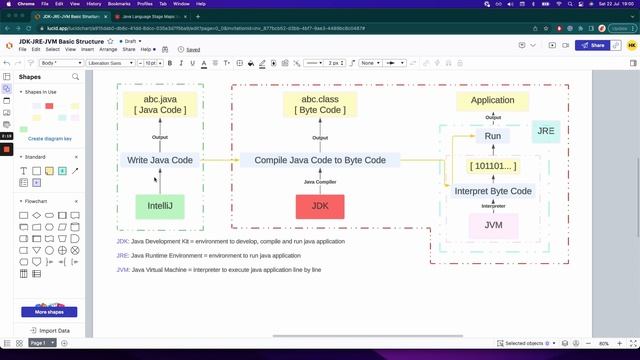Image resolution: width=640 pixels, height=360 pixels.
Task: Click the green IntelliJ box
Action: click(160, 207)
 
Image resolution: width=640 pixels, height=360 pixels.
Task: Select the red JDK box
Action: click(320, 207)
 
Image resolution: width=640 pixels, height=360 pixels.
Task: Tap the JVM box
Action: click(493, 225)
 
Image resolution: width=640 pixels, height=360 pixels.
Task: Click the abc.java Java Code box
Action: click(160, 105)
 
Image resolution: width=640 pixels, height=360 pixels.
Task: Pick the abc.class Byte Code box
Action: click(320, 105)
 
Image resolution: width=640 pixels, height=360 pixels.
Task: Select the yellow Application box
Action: click(492, 100)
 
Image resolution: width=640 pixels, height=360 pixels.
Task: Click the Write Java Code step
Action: click(160, 160)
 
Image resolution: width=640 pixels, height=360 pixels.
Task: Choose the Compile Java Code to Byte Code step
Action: click(320, 160)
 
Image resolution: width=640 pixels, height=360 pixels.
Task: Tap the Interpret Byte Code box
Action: click(493, 191)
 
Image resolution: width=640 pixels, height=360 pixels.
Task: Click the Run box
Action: click(493, 135)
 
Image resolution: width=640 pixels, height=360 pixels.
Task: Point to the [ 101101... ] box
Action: click(493, 165)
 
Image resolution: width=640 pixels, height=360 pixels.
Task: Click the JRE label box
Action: click(545, 131)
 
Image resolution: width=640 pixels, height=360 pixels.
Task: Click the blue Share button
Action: click(594, 45)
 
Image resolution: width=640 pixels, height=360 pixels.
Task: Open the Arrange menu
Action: click(108, 49)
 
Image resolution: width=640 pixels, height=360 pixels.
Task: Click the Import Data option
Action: click(54, 330)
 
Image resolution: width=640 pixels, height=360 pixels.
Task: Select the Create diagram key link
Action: click(50, 139)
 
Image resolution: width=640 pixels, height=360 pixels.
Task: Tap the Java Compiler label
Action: click(320, 182)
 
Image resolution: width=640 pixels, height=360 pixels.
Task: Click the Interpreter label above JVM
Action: click(493, 207)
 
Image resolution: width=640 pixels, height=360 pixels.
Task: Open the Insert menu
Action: click(87, 49)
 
